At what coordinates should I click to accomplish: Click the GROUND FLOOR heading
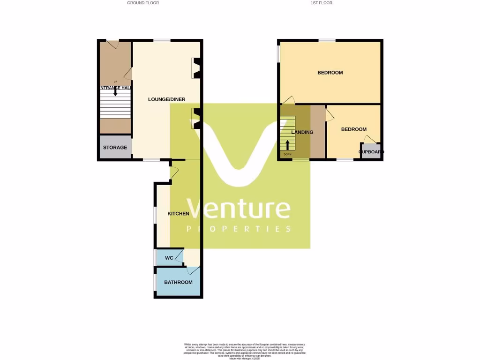pyautogui.click(x=143, y=3)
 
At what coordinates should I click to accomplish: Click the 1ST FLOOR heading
pyautogui.click(x=321, y=3)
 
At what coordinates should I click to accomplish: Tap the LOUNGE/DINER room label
pyautogui.click(x=164, y=99)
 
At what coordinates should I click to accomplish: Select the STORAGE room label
pyautogui.click(x=115, y=148)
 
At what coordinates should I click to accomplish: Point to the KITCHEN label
pyautogui.click(x=179, y=214)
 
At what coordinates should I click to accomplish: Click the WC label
pyautogui.click(x=169, y=258)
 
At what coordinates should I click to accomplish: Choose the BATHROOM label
pyautogui.click(x=178, y=282)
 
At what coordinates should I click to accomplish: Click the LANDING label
pyautogui.click(x=302, y=132)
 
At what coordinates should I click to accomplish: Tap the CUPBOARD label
pyautogui.click(x=371, y=152)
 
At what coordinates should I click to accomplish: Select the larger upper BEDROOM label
pyautogui.click(x=330, y=73)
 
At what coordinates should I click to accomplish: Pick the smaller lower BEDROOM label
pyautogui.click(x=354, y=129)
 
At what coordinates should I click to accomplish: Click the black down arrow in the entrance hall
pyautogui.click(x=115, y=92)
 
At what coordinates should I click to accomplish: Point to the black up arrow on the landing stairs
pyautogui.click(x=287, y=144)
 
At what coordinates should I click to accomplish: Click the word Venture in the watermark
pyautogui.click(x=239, y=209)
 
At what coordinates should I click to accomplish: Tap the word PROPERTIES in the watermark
pyautogui.click(x=239, y=229)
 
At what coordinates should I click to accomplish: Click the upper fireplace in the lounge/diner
pyautogui.click(x=196, y=67)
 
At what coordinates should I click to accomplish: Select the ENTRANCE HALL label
pyautogui.click(x=115, y=88)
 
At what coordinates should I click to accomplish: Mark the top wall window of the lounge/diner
pyautogui.click(x=162, y=41)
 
